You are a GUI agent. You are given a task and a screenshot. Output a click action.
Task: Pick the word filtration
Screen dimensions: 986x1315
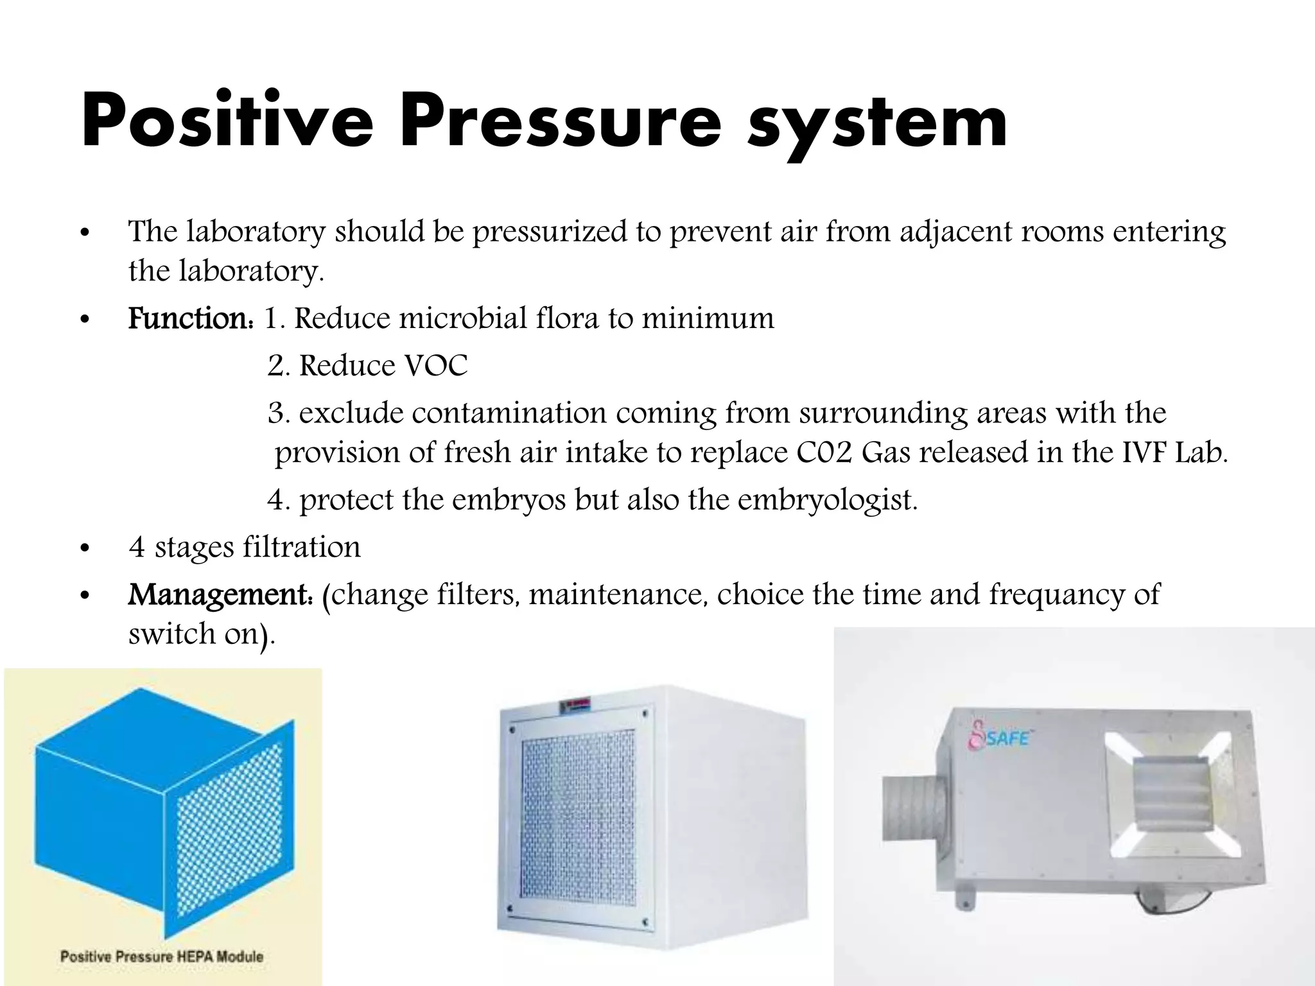click(301, 548)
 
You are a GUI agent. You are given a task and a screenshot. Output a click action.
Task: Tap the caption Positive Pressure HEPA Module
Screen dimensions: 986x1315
click(162, 956)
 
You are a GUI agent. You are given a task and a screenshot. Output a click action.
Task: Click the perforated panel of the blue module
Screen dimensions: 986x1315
click(229, 828)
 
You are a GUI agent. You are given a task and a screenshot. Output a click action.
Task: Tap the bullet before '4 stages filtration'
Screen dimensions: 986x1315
click(83, 549)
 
